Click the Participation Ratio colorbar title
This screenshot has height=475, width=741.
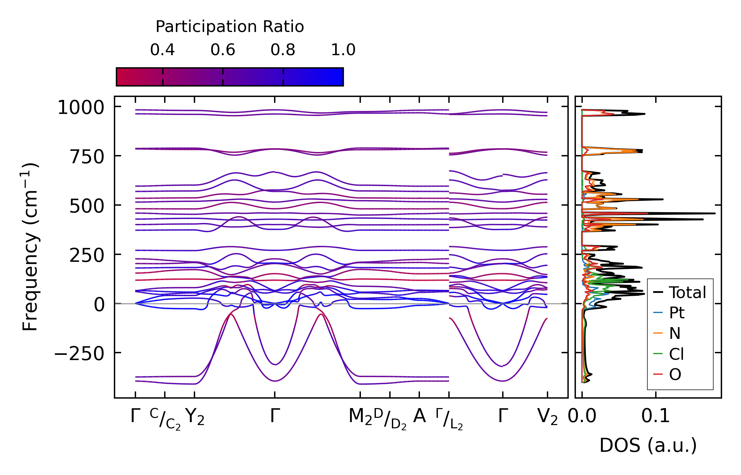coord(230,27)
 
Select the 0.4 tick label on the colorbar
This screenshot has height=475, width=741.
coord(162,50)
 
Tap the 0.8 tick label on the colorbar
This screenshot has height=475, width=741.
coord(283,50)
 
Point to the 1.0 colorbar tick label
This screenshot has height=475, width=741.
coord(343,50)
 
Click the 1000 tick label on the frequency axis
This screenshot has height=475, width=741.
coord(81,107)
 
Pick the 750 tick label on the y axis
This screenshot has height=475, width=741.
coord(86,157)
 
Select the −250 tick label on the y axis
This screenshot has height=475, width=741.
coord(79,354)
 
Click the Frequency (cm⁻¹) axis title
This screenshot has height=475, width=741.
coord(30,247)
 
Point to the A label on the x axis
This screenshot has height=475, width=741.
coord(420,416)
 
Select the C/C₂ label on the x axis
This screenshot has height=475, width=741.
coord(165,419)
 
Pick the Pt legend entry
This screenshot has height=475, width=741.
coord(676,313)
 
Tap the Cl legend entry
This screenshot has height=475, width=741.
coord(676,354)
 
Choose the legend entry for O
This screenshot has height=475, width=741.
coord(675,374)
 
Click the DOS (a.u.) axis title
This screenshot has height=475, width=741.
coord(648,445)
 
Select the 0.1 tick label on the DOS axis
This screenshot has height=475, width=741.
coord(656,416)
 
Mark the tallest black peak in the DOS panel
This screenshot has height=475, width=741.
coord(715,214)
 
